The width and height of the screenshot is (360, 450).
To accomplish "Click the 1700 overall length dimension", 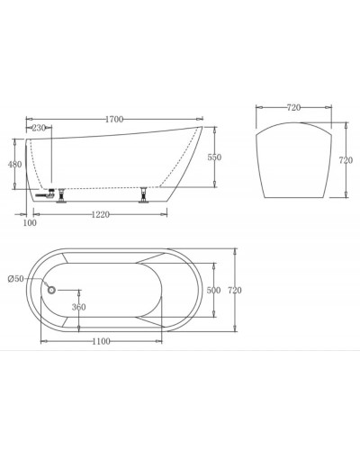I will tap(114, 118).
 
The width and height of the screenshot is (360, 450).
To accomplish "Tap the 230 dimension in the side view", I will tap(39, 129).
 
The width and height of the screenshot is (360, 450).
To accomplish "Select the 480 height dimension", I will tap(14, 164).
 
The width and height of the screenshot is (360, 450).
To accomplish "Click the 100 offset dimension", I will tap(30, 221).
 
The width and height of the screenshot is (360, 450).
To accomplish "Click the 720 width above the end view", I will tap(294, 107).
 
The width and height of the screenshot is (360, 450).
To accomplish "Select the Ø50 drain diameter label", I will tap(15, 279).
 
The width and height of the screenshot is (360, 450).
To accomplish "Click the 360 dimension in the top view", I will tap(79, 308).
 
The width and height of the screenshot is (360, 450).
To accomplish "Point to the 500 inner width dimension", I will tap(214, 290).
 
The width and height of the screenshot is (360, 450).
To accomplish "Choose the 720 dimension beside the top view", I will tap(236, 290).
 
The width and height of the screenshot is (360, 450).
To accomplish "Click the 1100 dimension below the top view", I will tap(102, 342).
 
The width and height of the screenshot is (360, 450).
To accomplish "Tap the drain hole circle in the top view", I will tap(51, 289).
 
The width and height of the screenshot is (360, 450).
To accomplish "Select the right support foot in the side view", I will tap(141, 193).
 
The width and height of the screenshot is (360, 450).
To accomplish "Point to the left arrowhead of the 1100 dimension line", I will tap(41, 342).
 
